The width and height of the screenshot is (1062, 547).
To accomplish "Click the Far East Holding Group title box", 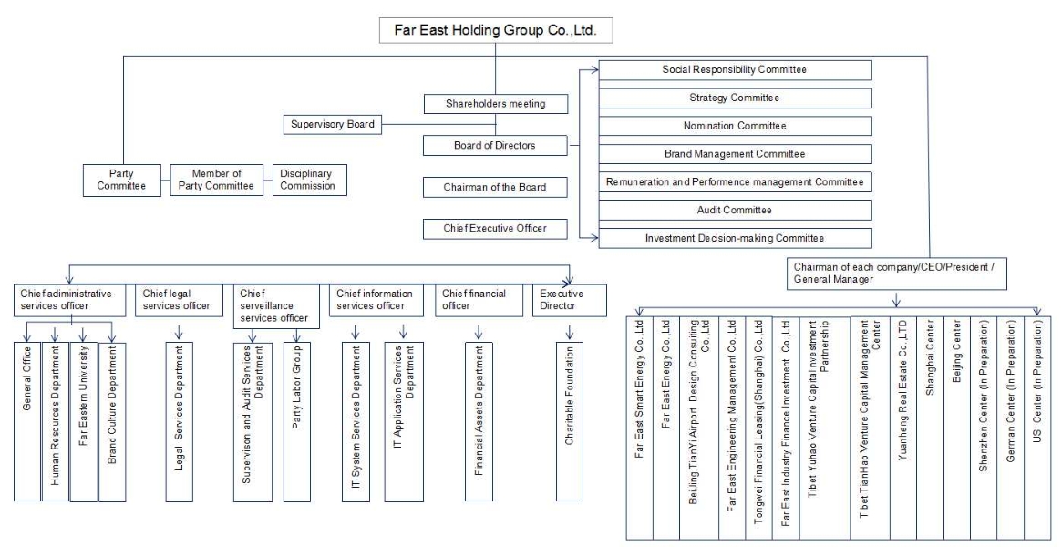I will coord(495,28).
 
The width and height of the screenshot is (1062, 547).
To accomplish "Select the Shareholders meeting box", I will coord(496,103).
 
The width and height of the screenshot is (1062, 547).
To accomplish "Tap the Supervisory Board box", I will coord(332,123).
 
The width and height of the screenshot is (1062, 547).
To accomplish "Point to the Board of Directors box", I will coord(496,145).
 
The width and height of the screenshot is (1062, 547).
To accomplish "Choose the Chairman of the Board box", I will coord(496,186).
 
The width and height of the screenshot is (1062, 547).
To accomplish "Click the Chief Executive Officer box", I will coord(496,227).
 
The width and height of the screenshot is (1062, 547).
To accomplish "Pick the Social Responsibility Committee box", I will coord(734,69).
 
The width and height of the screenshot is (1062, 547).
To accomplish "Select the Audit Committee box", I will coord(734,210).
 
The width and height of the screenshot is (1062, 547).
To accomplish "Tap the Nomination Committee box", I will coord(734,125).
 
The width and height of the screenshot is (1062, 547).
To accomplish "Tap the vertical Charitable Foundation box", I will coord(569,421).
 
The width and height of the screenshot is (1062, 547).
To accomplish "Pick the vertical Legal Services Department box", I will coord(178,421).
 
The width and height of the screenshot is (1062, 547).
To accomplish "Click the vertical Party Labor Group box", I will coord(296,421).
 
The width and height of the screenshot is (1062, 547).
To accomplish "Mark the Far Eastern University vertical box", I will coord(83,421).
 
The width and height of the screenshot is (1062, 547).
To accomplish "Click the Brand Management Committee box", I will coord(734,153).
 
